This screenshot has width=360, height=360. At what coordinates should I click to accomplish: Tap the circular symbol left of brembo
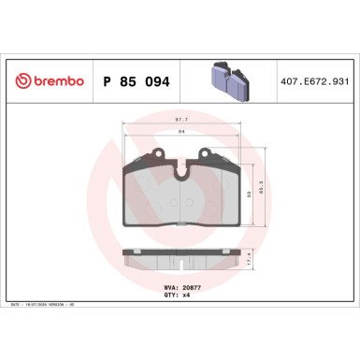pyautogui.click(x=22, y=81)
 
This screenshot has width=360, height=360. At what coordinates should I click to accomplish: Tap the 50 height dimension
pyautogui.click(x=249, y=194)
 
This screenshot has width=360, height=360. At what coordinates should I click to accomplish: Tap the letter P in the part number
pyautogui.click(x=104, y=81)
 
